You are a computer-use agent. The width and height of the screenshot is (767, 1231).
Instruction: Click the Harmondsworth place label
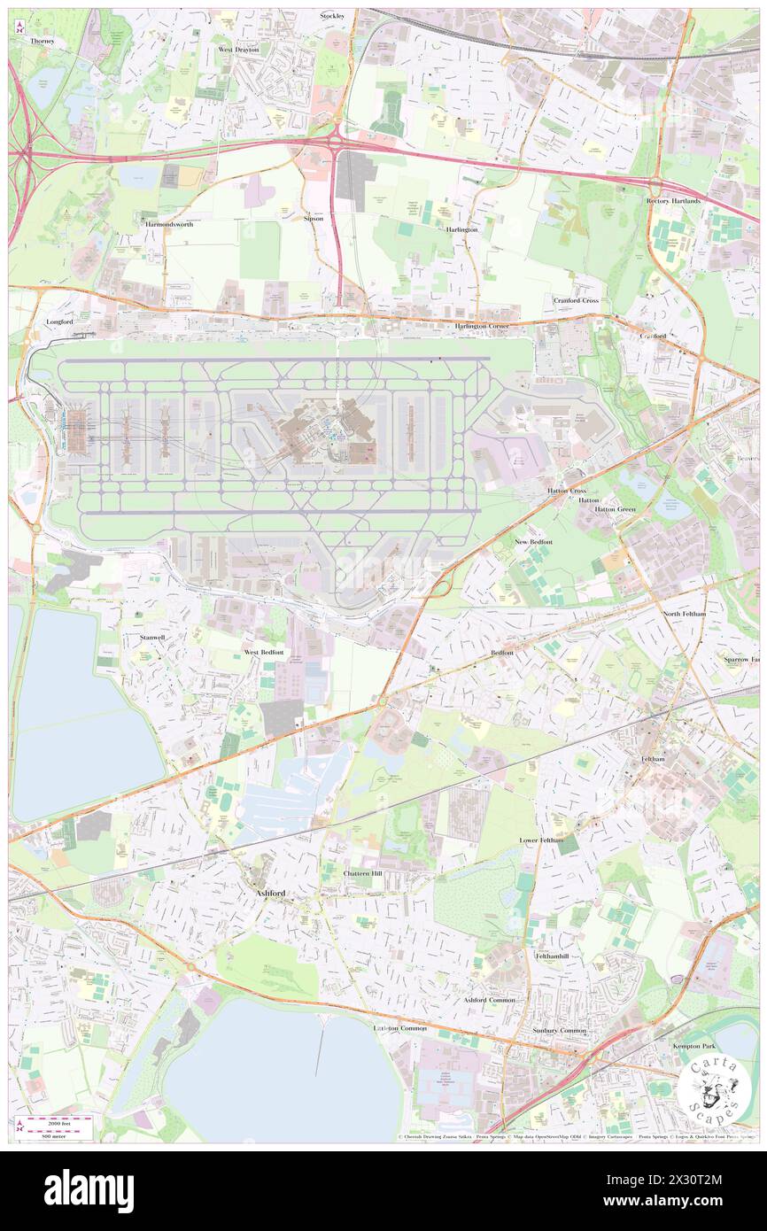(169, 225)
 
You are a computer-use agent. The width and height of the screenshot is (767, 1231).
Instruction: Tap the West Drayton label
(238, 50)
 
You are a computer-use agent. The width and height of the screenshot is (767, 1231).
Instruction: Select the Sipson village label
(314, 218)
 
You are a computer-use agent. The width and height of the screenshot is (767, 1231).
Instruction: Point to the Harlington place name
(461, 229)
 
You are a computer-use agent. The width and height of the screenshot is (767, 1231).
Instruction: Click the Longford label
(58, 322)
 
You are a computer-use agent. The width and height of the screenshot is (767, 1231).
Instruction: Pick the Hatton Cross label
(566, 491)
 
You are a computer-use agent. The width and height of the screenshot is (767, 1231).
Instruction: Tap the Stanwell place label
(152, 637)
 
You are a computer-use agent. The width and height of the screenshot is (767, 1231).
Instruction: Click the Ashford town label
(270, 894)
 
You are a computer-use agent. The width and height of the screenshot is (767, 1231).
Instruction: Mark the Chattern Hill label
(362, 873)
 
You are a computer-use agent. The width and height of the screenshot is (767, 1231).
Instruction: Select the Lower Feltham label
(541, 840)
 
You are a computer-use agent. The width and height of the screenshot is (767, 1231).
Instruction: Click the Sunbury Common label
(560, 1031)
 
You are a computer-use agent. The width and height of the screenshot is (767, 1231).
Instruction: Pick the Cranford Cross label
(577, 300)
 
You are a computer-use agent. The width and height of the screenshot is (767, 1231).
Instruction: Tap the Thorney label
(42, 41)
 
